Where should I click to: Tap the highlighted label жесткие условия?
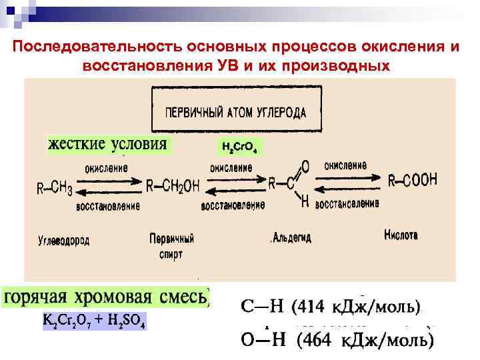click(109, 145)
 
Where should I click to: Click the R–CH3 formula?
click(55, 189)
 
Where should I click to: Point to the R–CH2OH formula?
click(173, 187)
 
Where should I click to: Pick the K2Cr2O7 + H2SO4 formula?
click(94, 321)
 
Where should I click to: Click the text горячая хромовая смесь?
click(107, 297)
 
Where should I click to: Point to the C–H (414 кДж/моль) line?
click(331, 307)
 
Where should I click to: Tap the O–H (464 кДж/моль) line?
click(337, 342)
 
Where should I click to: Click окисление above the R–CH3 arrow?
click(107, 168)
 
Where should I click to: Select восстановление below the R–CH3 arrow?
click(108, 206)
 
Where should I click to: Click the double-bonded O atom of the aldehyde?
click(305, 166)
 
